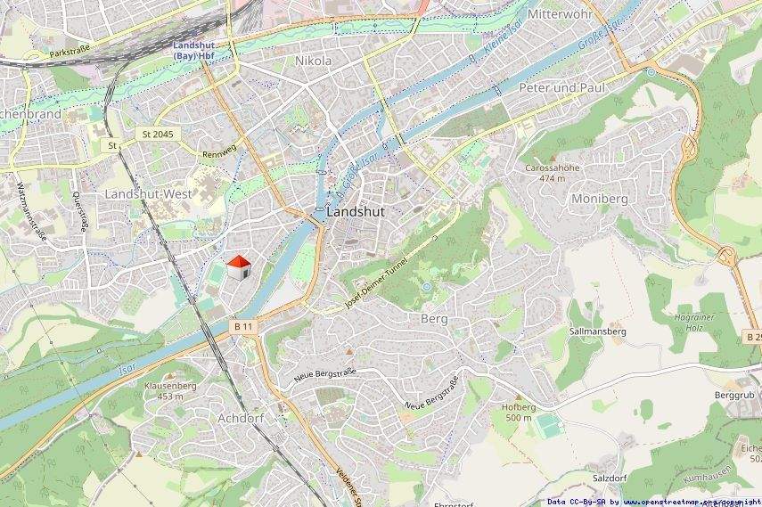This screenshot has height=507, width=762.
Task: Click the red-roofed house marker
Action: click(238, 267)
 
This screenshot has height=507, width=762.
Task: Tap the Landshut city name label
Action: click(356, 213)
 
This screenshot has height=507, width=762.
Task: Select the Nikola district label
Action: click(313, 61)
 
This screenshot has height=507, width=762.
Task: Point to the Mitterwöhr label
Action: click(560, 15)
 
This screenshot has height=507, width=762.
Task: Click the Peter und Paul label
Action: click(561, 88)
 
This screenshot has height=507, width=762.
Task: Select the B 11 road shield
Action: click(244, 327)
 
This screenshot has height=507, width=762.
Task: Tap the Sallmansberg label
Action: click(598, 331)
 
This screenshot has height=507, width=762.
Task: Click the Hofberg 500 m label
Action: click(517, 412)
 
